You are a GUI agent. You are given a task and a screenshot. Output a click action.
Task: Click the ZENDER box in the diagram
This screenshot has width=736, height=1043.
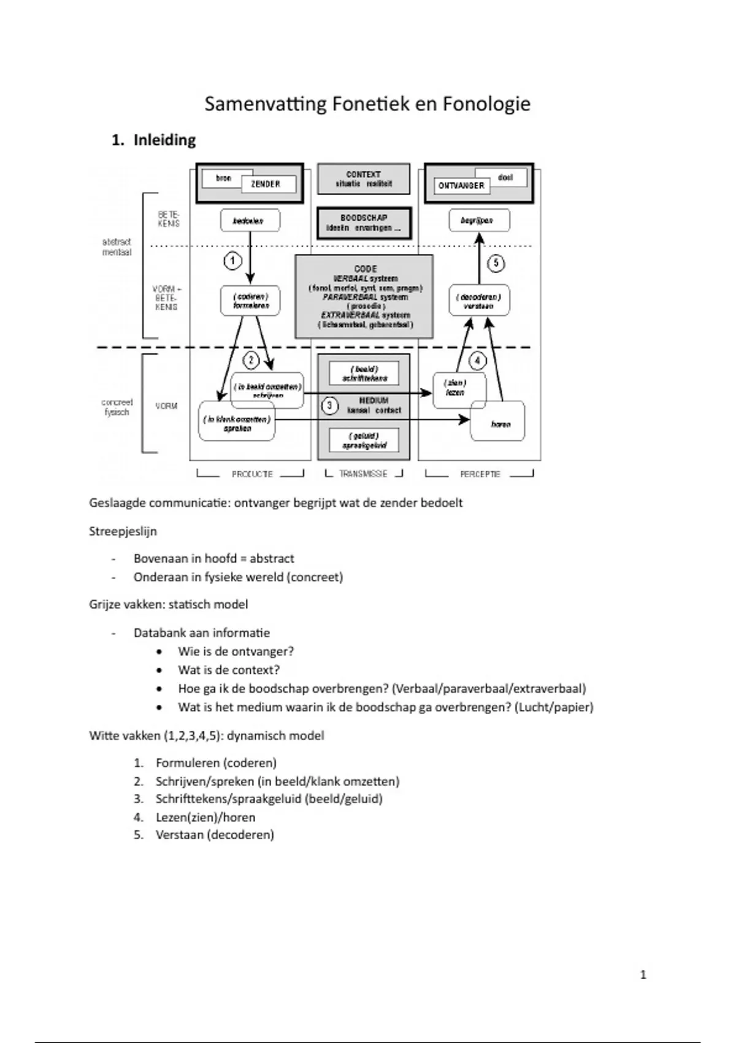coord(266,184)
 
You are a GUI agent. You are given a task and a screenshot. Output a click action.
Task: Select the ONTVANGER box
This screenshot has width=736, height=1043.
coord(461,185)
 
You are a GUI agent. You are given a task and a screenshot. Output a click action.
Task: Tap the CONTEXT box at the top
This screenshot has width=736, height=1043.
coord(363,179)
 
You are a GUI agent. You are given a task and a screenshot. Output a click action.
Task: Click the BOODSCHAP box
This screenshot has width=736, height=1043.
coord(364,223)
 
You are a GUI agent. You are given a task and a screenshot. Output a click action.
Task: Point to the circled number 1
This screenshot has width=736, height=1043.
coord(232,261)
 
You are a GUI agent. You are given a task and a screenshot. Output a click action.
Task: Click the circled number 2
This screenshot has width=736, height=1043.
coord(251,360)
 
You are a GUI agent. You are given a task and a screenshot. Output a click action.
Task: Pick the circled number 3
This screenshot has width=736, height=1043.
coord(330,406)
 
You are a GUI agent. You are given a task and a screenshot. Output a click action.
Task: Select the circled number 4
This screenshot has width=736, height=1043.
coord(477,360)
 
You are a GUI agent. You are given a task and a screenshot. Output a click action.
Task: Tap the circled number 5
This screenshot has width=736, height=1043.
coord(496,263)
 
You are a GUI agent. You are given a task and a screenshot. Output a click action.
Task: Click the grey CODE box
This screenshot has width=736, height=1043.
coord(364,296)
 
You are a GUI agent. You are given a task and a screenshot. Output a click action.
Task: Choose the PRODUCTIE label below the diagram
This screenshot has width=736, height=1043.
coord(251,474)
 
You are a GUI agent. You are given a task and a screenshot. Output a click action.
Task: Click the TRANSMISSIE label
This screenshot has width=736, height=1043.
coord(363,474)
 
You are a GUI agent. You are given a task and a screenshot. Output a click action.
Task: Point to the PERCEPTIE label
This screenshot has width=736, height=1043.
coord(480,474)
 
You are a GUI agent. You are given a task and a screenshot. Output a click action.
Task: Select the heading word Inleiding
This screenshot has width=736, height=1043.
coord(164,140)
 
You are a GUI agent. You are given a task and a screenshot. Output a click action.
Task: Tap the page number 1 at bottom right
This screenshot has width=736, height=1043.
coord(643,974)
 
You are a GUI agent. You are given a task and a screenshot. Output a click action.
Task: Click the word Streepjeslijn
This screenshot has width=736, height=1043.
coord(123,531)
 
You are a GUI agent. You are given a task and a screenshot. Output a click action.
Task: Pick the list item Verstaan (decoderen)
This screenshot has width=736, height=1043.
coord(215,834)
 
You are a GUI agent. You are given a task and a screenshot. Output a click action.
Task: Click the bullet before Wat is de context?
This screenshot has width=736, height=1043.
coord(159,671)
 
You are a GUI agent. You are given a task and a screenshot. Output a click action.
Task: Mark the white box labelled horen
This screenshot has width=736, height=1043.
coord(500,423)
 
